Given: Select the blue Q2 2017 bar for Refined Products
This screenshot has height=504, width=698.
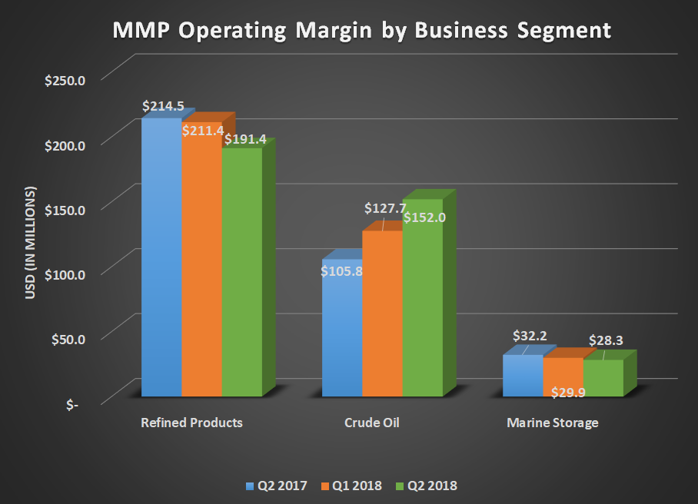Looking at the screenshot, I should (161, 261).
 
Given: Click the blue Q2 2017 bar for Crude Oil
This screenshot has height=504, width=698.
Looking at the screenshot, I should (341, 330).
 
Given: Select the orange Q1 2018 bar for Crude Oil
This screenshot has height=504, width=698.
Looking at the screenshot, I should (382, 315).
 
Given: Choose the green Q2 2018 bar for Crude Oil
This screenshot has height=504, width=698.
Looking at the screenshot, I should (422, 300).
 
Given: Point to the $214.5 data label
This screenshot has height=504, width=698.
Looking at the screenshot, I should (163, 107).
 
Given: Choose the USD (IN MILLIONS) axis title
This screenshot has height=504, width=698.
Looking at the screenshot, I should (32, 242).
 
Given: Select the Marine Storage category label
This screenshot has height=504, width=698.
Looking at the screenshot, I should (552, 423).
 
